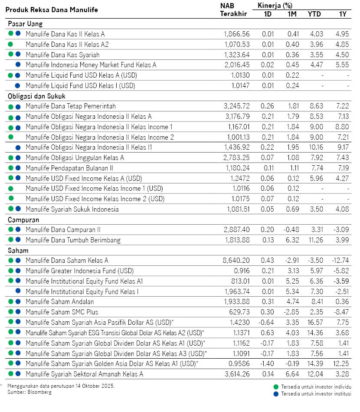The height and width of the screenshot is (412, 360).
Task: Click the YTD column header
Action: pyautogui.click(x=314, y=14)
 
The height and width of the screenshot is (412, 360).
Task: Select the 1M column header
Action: pyautogui.click(x=292, y=14)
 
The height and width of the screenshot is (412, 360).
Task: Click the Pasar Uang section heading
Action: pyautogui.click(x=25, y=24)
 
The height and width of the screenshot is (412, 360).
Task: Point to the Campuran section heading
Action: pyautogui.click(x=24, y=220)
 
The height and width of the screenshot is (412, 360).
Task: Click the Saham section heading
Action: pyautogui.click(x=18, y=251)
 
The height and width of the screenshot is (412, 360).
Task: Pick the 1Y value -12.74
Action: pyautogui.click(x=340, y=261)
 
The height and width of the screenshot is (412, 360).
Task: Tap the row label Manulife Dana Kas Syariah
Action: pyautogui.click(x=62, y=55)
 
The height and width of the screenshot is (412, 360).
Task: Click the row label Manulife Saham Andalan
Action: pyautogui.click(x=59, y=301)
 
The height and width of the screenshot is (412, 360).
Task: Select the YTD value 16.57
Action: pyautogui.click(x=314, y=322)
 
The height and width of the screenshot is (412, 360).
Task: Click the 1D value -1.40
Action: pyautogui.click(x=269, y=363)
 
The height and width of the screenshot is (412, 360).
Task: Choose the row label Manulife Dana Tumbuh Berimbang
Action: pyautogui.click(x=73, y=240)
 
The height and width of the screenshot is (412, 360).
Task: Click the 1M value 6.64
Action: pyautogui.click(x=292, y=373)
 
